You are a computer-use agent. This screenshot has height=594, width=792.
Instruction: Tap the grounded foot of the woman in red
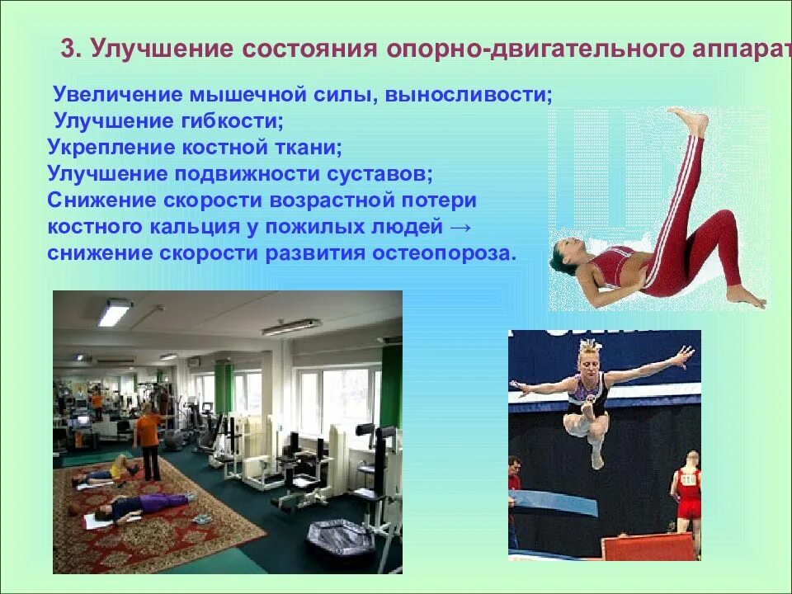pos(747,297)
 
